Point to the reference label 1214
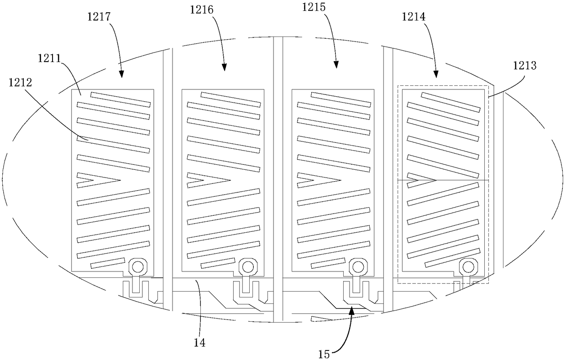click(414, 18)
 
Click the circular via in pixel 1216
click(247, 266)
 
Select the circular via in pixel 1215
click(357, 266)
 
